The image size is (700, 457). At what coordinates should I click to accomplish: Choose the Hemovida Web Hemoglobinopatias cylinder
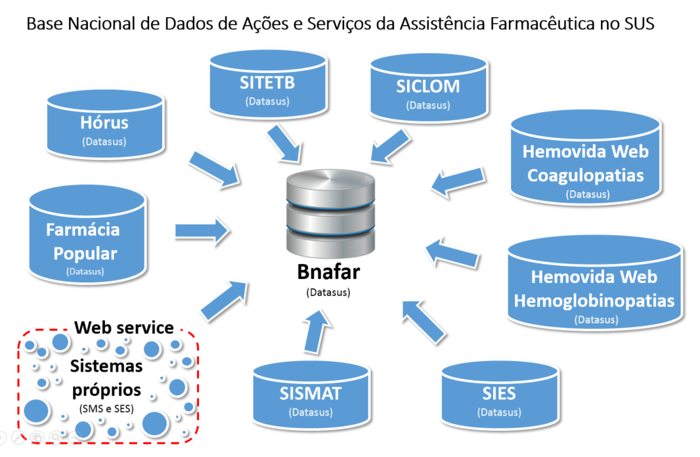click(x=594, y=286)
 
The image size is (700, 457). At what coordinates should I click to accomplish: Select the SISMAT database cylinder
click(x=310, y=397)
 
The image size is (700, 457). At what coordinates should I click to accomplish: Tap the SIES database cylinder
click(x=498, y=397)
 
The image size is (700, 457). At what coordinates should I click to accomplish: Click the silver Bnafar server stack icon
click(x=330, y=213)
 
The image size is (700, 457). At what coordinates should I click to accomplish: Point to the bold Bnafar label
click(x=328, y=271)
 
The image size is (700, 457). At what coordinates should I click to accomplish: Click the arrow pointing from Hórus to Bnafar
click(x=214, y=168)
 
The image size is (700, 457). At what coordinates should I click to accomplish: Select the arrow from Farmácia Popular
click(x=202, y=230)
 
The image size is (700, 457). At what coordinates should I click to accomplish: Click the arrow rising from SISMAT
click(x=316, y=332)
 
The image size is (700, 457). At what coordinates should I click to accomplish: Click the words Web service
click(x=124, y=327)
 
